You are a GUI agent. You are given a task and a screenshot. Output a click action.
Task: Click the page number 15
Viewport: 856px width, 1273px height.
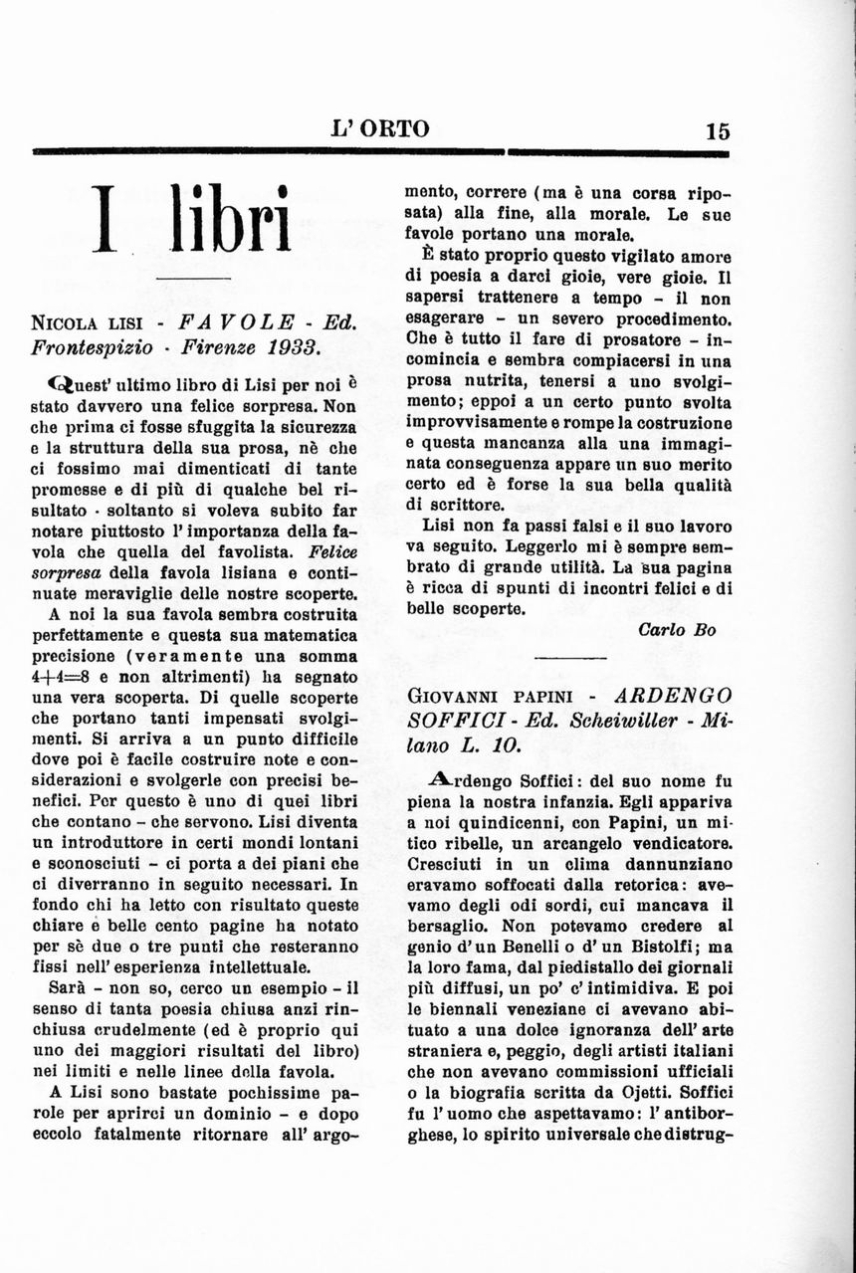pyautogui.click(x=718, y=130)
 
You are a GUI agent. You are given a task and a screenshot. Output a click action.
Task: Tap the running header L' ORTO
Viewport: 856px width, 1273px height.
pyautogui.click(x=381, y=128)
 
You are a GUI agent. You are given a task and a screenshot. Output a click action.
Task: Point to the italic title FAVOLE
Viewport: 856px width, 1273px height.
pyautogui.click(x=237, y=322)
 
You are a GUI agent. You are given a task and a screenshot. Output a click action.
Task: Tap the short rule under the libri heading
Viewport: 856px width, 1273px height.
pyautogui.click(x=194, y=276)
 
